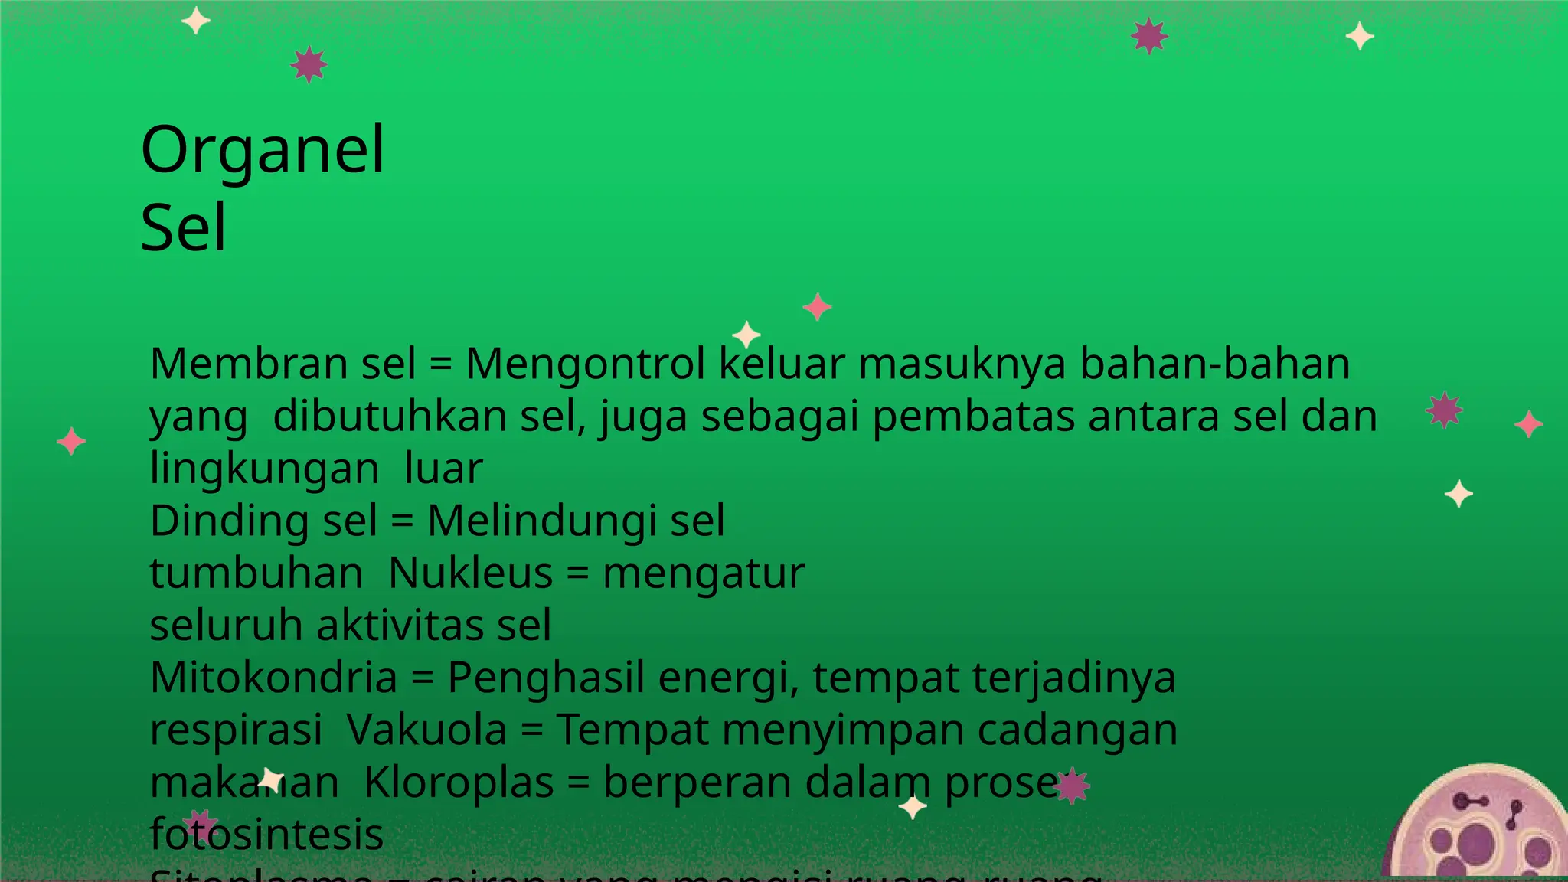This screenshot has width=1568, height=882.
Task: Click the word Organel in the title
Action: tap(263, 151)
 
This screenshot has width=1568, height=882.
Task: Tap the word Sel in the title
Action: tap(184, 227)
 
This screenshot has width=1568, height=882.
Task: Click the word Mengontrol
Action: tap(586, 364)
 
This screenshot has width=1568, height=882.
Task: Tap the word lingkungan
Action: tap(264, 469)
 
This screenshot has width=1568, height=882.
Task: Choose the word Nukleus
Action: tap(470, 573)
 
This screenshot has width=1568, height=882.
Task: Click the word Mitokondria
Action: tap(273, 678)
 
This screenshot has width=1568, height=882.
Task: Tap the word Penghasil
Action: tap(545, 678)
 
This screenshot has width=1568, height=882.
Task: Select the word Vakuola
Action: tap(426, 730)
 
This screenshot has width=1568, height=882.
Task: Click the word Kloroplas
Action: tap(459, 782)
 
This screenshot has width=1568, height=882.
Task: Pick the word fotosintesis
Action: tap(266, 834)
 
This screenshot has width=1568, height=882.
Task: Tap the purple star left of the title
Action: tap(309, 64)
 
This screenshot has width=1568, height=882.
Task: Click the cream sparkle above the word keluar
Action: tap(746, 335)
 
